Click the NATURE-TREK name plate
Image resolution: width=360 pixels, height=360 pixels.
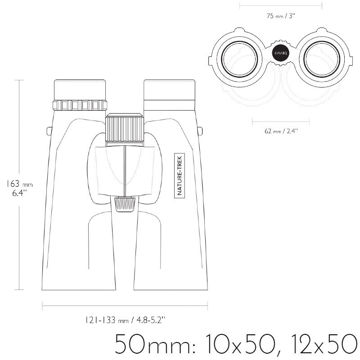coord(180,175)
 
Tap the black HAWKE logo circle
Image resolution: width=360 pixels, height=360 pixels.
coord(281,53)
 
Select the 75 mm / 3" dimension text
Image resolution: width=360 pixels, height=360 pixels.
coord(280,16)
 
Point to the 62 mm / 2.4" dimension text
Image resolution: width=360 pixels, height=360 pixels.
coord(281,131)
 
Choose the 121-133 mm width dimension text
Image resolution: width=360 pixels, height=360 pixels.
coord(125,320)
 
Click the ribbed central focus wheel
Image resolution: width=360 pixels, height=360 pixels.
coord(125,128)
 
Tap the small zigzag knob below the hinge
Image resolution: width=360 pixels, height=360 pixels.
coord(125,204)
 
